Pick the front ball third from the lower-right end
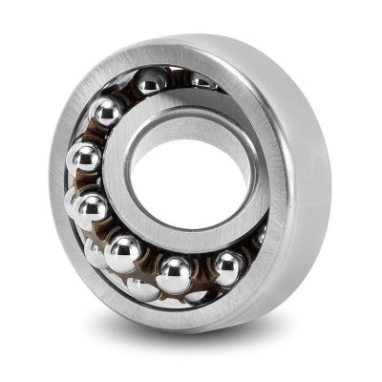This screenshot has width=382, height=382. [x=123, y=252]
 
